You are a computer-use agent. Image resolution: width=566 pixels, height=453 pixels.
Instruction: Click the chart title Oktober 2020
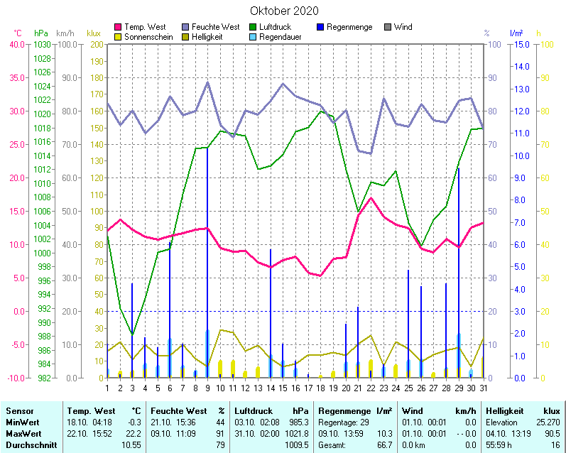coord(284,11)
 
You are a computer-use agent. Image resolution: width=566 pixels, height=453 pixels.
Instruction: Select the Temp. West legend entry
coord(145,27)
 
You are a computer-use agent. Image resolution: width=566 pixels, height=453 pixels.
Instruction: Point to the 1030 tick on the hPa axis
coord(42,44)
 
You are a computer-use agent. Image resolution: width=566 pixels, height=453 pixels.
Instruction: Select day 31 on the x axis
coord(483,388)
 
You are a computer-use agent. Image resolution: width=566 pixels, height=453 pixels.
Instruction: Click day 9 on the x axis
coord(207,388)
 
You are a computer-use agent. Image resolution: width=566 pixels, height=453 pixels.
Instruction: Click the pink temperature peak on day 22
coord(371,198)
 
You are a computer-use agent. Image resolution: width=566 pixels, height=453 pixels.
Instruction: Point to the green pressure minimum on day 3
coord(132,334)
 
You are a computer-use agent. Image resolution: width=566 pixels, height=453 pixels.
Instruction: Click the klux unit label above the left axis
coord(93,33)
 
